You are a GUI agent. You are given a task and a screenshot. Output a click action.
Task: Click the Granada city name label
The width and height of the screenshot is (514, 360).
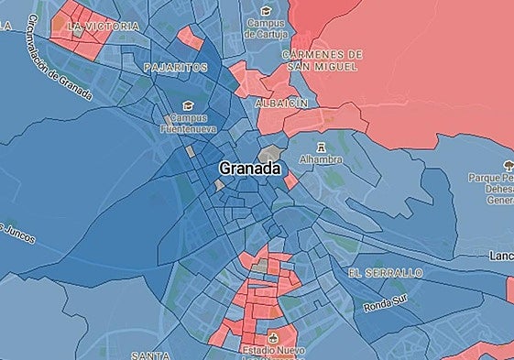click(x=250, y=169)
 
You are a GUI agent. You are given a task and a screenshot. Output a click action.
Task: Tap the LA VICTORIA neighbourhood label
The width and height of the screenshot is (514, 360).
click(x=104, y=27)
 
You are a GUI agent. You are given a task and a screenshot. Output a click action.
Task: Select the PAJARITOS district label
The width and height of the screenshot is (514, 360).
click(x=175, y=68)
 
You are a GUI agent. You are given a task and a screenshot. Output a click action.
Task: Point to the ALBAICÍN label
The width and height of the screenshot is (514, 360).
click(x=280, y=104)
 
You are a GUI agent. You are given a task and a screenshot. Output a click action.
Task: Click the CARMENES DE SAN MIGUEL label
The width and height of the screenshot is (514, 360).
click(x=323, y=60)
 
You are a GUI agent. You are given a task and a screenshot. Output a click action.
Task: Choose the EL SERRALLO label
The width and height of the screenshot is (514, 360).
click(x=385, y=273)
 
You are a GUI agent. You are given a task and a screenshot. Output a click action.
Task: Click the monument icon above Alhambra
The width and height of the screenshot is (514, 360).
click(x=320, y=146)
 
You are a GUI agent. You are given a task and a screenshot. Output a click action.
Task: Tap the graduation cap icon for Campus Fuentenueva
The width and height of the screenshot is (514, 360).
click(x=189, y=104)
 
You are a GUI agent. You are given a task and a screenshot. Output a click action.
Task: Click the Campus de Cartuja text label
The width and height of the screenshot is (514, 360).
click(x=266, y=28)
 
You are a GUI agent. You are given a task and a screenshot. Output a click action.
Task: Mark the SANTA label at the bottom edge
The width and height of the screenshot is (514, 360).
click(x=151, y=355)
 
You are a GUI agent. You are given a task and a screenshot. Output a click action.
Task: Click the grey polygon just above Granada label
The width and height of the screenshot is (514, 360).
click(x=272, y=154)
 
